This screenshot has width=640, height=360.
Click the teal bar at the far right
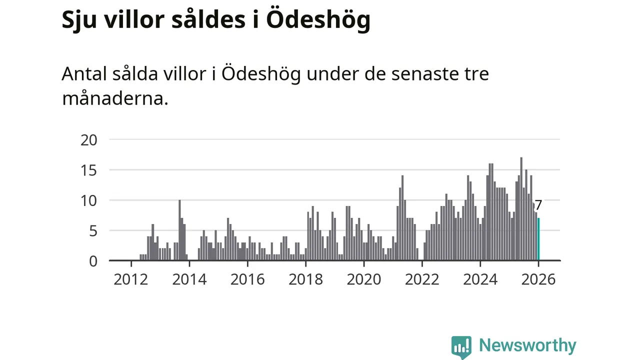(x=538, y=239)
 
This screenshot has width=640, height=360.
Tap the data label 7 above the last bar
(x=538, y=205)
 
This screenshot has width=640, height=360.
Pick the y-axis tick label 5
(x=93, y=231)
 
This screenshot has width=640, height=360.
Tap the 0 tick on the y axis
(x=93, y=261)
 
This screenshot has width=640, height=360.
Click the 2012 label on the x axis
(x=130, y=279)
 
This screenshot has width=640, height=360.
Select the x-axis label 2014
(x=189, y=279)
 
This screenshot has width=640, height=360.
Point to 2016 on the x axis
(x=247, y=279)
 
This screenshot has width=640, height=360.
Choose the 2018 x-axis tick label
(x=305, y=279)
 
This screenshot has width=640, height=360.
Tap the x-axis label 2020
(x=363, y=279)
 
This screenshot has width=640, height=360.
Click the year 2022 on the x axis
(x=422, y=279)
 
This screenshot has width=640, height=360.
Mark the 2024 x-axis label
(x=480, y=279)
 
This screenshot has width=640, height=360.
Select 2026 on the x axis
(x=538, y=279)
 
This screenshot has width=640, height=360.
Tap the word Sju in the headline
(x=80, y=20)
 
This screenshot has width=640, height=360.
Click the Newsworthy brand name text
(x=527, y=345)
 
